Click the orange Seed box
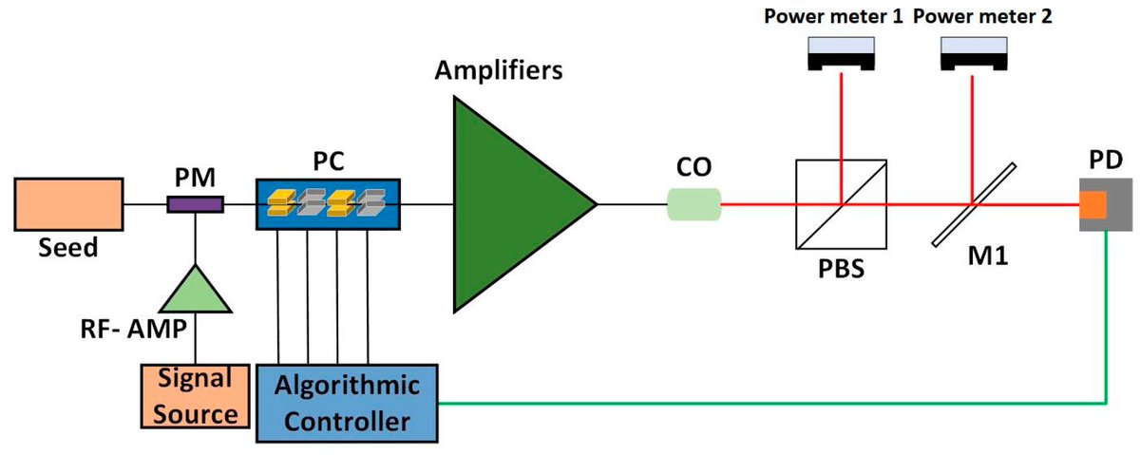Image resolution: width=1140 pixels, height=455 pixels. coord(68,204)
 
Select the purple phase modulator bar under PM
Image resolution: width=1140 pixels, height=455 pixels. coord(196,204)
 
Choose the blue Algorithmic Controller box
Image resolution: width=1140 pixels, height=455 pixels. coord(347,403)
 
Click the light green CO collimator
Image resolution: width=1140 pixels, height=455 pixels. coord(693,203)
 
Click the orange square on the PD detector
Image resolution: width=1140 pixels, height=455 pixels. coord(1092,203)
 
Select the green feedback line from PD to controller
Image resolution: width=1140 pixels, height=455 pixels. coord(760,403)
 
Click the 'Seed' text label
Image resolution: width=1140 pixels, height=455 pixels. coord(68,249)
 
